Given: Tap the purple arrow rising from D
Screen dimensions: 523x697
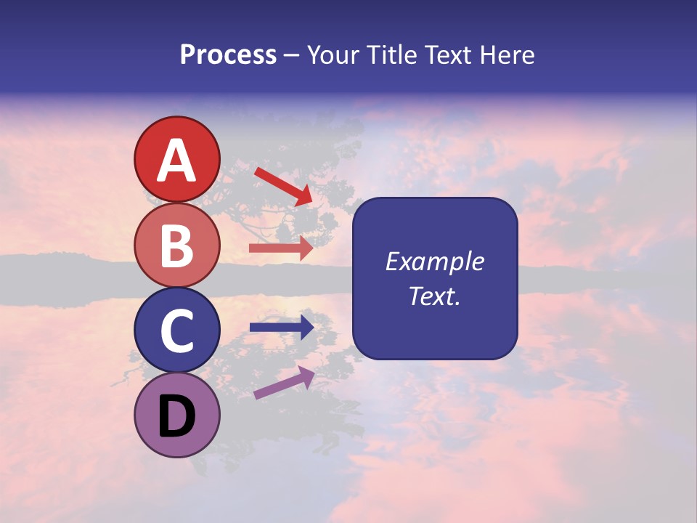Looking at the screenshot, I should [x=284, y=382].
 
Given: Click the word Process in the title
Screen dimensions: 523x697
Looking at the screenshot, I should [x=228, y=55].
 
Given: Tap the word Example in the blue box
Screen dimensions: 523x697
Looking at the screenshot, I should [x=434, y=261].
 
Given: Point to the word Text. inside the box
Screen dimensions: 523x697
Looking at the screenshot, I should [x=434, y=296].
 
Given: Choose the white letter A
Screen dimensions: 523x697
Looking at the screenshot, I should [x=176, y=161].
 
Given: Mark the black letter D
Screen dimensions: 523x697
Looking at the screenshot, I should [x=176, y=416].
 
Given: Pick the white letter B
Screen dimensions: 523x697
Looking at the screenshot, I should [x=176, y=246].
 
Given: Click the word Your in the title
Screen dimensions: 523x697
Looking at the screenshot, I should [x=333, y=55].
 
